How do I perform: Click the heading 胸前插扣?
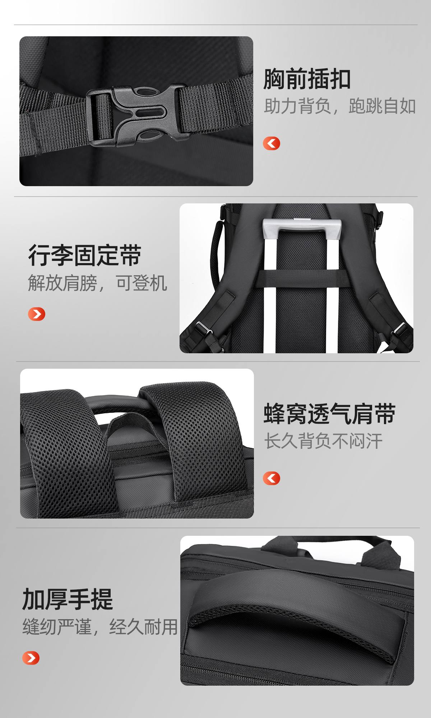[x=307, y=79]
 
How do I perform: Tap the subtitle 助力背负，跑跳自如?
[x=340, y=106]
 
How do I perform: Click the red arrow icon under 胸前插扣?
[x=272, y=143]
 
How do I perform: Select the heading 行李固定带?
[x=85, y=256]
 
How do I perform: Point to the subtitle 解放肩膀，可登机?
[x=97, y=283]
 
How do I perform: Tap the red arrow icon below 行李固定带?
[x=37, y=314]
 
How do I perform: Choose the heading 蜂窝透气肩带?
[x=330, y=414]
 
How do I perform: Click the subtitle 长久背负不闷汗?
[x=323, y=441]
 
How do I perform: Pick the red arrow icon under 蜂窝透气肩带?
[x=272, y=478]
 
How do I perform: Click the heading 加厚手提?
[x=68, y=599]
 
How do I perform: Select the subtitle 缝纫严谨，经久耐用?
[x=100, y=627]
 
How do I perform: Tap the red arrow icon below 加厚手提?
[x=31, y=658]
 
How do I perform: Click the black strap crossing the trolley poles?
[x=302, y=278]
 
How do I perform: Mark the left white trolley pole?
[x=270, y=295]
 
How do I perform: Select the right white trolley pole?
[x=332, y=295]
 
